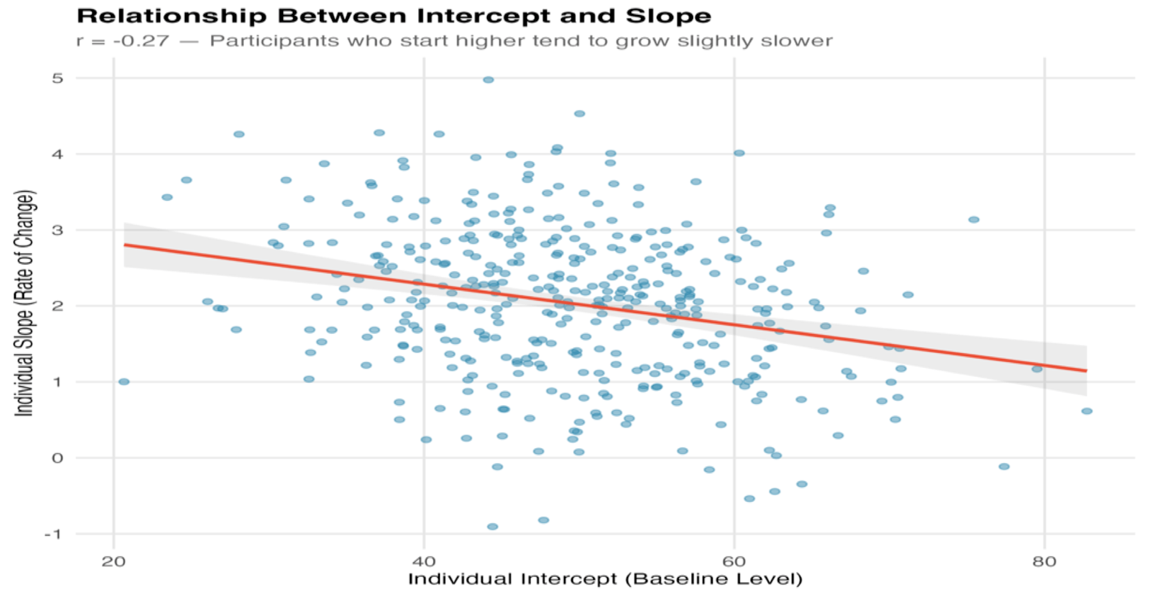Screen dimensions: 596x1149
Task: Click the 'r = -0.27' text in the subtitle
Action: click(123, 41)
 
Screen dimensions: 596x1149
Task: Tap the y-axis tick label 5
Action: click(57, 78)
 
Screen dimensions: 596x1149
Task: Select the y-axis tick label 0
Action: click(57, 458)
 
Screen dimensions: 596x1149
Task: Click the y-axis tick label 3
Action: click(57, 230)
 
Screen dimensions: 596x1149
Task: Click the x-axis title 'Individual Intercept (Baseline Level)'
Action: click(605, 579)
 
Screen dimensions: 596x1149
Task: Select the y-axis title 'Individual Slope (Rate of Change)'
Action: click(24, 304)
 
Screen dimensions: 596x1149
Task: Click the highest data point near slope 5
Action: click(489, 80)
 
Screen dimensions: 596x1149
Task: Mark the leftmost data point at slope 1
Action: click(124, 382)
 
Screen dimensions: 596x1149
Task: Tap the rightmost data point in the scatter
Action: click(1087, 411)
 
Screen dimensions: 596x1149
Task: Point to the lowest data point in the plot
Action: click(492, 527)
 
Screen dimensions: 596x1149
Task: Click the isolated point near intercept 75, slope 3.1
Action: click(974, 220)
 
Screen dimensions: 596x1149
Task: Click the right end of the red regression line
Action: click(1086, 371)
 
